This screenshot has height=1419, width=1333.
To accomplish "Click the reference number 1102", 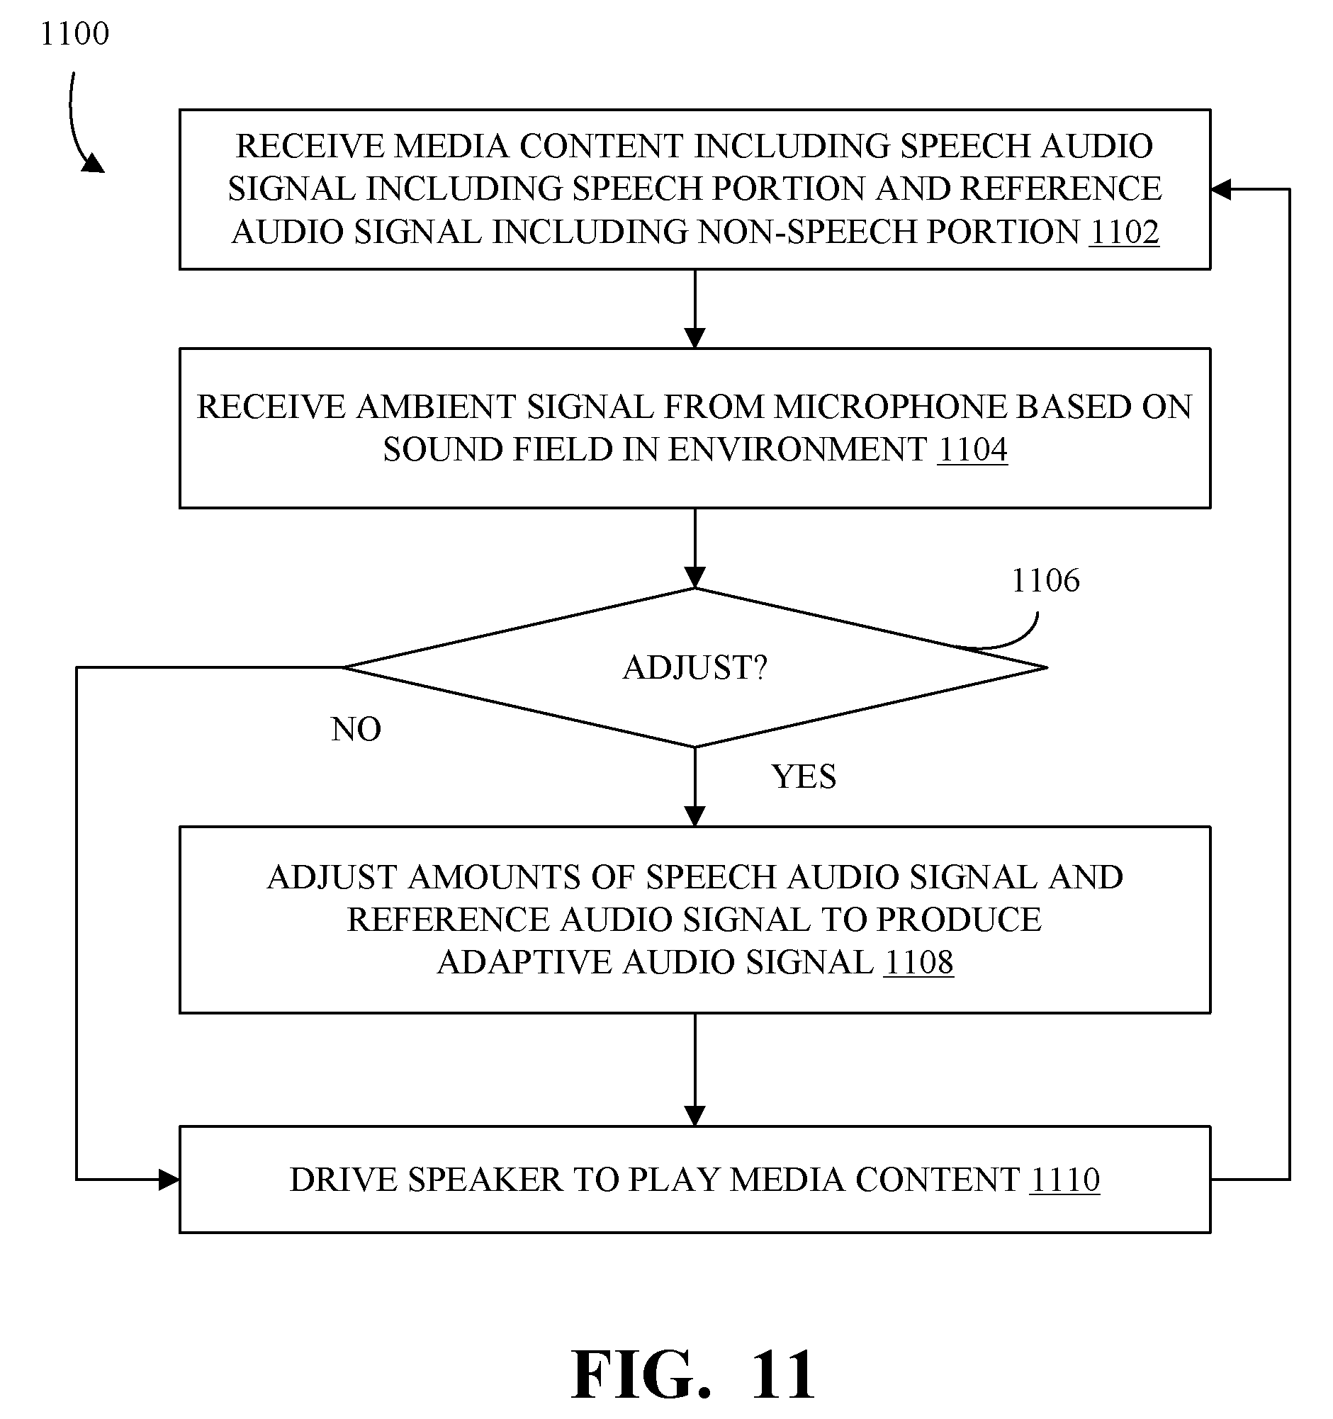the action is pyautogui.click(x=1125, y=232).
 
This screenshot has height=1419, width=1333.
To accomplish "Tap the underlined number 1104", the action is pyautogui.click(x=972, y=450).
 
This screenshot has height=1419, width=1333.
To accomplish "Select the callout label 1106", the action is pyautogui.click(x=1045, y=581).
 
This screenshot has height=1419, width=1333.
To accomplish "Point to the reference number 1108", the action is pyautogui.click(x=918, y=962).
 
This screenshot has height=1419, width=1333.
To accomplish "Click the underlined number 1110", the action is pyautogui.click(x=1064, y=1180).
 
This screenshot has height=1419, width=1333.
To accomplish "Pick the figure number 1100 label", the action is pyautogui.click(x=74, y=33).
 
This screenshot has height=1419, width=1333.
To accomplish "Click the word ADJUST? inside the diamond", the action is pyautogui.click(x=694, y=668).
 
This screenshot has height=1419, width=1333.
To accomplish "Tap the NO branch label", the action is pyautogui.click(x=356, y=730).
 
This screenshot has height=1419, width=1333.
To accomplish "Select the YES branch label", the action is pyautogui.click(x=803, y=776).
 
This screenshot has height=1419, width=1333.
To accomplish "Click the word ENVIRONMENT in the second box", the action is pyautogui.click(x=797, y=450).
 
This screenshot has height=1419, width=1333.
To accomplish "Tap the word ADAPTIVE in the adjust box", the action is pyautogui.click(x=525, y=962).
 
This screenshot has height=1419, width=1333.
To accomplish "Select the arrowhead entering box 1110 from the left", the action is pyautogui.click(x=169, y=1180).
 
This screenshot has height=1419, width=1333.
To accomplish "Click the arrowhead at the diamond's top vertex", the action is pyautogui.click(x=694, y=577).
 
